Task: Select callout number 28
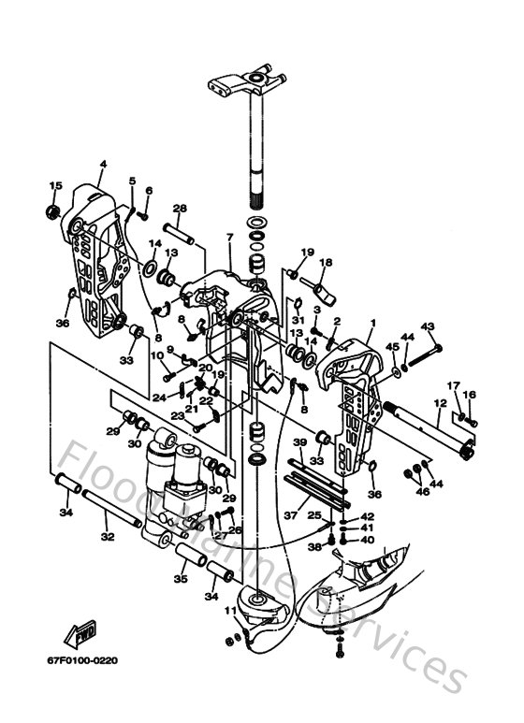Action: tap(181, 208)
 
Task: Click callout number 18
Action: tap(327, 264)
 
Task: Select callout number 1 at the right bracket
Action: tap(372, 323)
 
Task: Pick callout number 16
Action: tap(470, 396)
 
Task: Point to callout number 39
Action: tap(299, 442)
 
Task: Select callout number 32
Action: tap(107, 537)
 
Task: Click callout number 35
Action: tap(181, 580)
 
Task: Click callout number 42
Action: tap(367, 517)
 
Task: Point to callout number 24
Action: tap(160, 397)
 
